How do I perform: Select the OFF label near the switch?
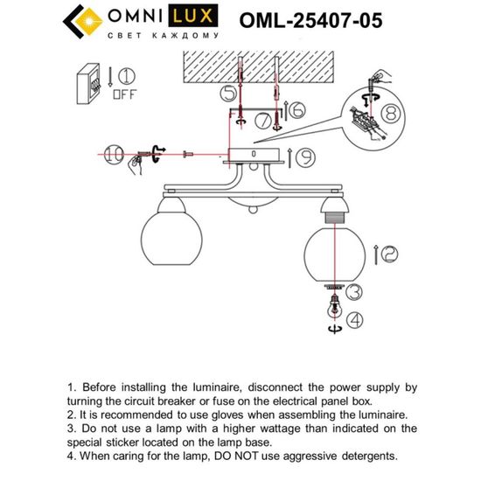pyautogui.click(x=126, y=95)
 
